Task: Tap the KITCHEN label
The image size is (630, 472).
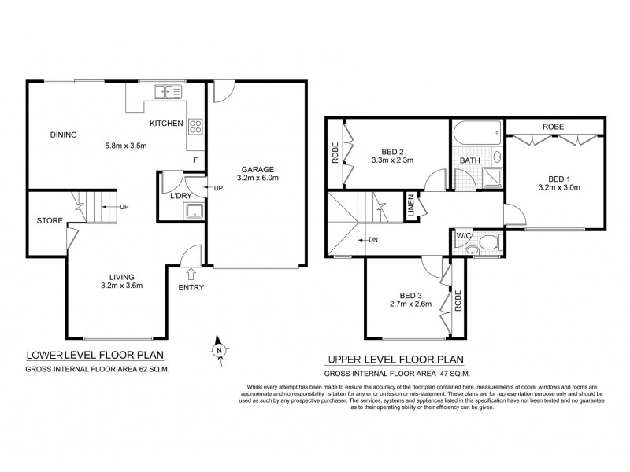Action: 166,124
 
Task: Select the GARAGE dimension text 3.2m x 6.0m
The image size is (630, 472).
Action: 258,179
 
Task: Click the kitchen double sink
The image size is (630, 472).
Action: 166,92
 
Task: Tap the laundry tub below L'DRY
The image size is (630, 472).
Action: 192,210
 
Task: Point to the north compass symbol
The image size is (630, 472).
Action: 220,349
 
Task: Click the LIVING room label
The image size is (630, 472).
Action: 122,277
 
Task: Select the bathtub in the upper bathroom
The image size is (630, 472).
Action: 476,130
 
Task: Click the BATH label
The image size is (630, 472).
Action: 469,161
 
